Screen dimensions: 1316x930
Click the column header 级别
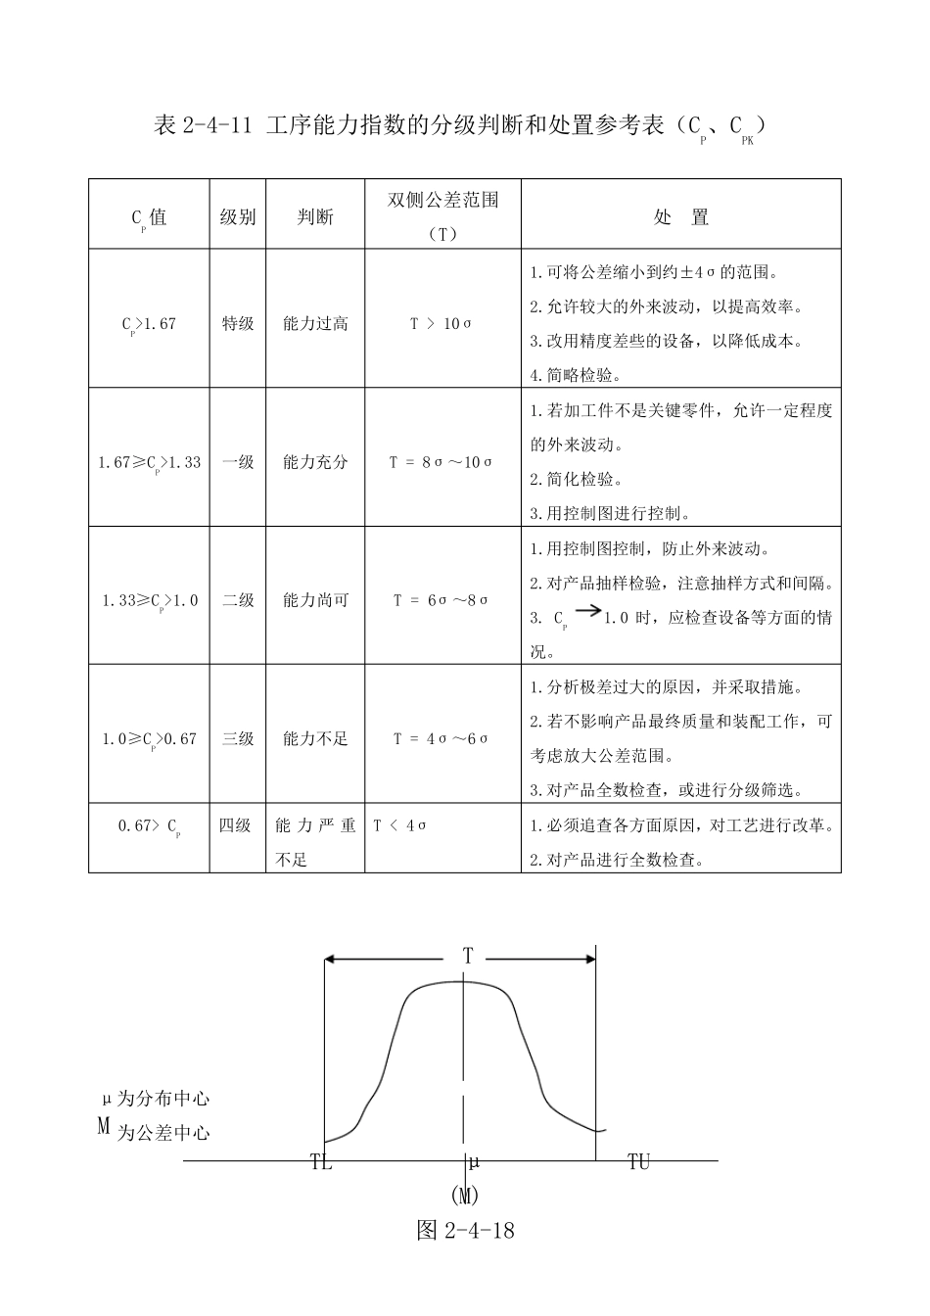click(x=238, y=216)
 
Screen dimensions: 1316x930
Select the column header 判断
click(x=315, y=216)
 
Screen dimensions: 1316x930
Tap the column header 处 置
click(x=680, y=216)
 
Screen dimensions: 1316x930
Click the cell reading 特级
click(x=238, y=323)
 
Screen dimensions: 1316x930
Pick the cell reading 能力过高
click(x=315, y=323)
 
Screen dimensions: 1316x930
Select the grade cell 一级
click(x=238, y=462)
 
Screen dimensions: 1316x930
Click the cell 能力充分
click(x=315, y=462)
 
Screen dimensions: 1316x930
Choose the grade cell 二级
click(x=238, y=600)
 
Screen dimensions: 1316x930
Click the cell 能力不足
click(x=315, y=738)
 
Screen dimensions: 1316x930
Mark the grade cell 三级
click(x=238, y=738)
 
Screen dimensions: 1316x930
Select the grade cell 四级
click(x=235, y=825)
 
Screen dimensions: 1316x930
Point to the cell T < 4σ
click(x=399, y=825)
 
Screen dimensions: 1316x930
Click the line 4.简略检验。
click(x=577, y=375)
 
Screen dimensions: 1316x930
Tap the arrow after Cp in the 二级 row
click(x=587, y=611)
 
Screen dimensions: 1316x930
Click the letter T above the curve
click(x=468, y=956)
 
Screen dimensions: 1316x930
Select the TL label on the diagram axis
click(x=321, y=1163)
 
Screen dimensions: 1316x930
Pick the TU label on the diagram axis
click(x=638, y=1162)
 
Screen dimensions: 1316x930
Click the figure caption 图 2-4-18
click(x=465, y=1231)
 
